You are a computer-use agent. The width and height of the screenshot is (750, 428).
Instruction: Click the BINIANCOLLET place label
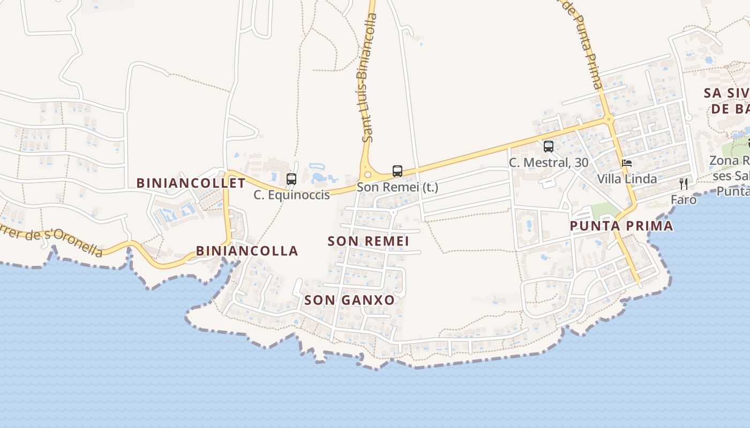pyautogui.click(x=191, y=183)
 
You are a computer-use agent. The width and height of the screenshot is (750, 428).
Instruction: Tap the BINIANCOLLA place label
pyautogui.click(x=247, y=251)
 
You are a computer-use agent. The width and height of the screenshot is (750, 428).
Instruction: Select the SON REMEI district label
pyautogui.click(x=369, y=241)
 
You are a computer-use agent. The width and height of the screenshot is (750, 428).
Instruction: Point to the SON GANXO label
pyautogui.click(x=349, y=300)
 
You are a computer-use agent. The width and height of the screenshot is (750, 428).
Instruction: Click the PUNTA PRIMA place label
pyautogui.click(x=621, y=226)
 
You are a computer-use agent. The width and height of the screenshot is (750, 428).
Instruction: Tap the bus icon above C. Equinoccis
pyautogui.click(x=291, y=179)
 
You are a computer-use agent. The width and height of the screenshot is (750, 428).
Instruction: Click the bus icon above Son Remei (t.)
pyautogui.click(x=397, y=171)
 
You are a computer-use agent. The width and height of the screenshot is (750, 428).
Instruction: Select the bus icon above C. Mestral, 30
pyautogui.click(x=548, y=147)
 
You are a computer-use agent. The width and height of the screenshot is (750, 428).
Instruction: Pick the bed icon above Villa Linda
pyautogui.click(x=627, y=163)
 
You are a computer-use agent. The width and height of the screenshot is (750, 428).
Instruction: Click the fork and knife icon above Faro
pyautogui.click(x=684, y=184)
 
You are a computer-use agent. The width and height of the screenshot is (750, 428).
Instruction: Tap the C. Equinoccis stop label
pyautogui.click(x=292, y=195)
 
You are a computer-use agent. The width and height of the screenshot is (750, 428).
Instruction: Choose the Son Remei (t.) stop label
pyautogui.click(x=397, y=187)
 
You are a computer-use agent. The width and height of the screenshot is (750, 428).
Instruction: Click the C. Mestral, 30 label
pyautogui.click(x=549, y=163)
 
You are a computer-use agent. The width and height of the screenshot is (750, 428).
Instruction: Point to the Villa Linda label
pyautogui.click(x=627, y=179)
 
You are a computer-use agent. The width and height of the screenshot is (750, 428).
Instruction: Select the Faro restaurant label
pyautogui.click(x=684, y=200)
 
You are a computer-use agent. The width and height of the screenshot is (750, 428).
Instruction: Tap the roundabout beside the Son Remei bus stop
pyautogui.click(x=367, y=174)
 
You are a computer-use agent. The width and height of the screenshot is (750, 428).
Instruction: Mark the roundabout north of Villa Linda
pyautogui.click(x=609, y=119)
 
